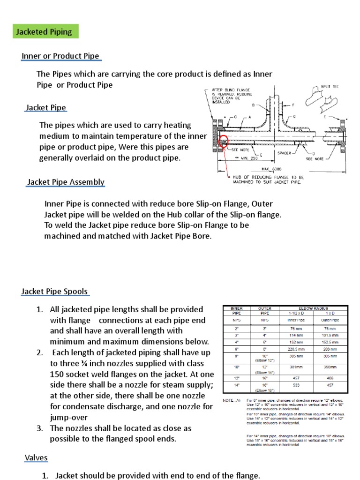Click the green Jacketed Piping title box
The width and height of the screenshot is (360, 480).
tap(45, 32)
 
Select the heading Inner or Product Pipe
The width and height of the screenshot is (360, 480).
tap(60, 56)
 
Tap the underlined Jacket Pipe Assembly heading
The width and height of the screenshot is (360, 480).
tap(66, 182)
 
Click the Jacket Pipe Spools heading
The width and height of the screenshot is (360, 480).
tap(55, 292)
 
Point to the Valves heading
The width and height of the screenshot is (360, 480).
tap(36, 457)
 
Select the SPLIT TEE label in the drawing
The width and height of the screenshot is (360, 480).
tap(322, 87)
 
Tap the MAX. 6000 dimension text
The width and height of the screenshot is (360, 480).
tap(272, 169)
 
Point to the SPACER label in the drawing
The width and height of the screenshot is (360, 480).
tap(285, 153)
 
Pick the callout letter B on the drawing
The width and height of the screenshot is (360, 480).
tap(254, 105)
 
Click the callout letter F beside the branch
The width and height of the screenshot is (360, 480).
tap(293, 105)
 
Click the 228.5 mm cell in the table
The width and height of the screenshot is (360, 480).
tap(292, 349)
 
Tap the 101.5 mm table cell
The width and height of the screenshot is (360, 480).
tap(330, 335)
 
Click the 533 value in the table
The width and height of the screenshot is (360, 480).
tap(292, 385)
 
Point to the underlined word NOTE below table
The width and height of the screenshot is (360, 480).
tap(228, 400)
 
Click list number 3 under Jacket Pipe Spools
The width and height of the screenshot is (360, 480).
tap(40, 428)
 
